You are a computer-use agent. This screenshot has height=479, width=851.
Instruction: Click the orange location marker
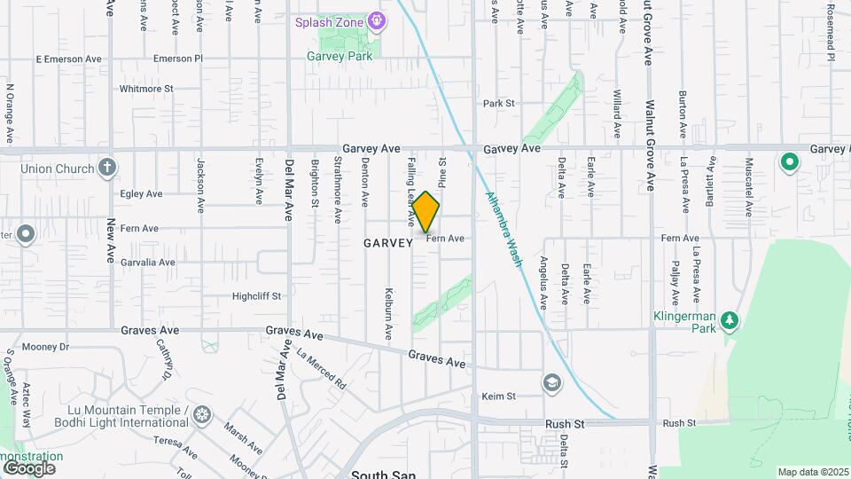426,213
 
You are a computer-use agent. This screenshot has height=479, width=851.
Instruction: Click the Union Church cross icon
107,167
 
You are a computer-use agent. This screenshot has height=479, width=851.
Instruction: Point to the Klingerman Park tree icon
729,318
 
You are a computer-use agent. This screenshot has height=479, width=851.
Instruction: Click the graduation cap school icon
551,382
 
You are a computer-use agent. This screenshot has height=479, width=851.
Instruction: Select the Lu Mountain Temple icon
203,414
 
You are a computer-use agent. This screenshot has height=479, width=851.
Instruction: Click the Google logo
29,468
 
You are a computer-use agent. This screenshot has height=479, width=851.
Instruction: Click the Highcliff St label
256,296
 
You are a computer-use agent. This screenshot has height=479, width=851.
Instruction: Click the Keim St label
498,397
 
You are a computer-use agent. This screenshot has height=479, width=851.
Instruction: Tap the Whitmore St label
146,89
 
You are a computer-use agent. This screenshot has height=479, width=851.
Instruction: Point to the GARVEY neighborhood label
388,243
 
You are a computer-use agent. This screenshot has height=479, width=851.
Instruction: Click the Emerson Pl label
178,59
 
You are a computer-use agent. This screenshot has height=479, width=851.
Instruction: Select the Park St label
499,104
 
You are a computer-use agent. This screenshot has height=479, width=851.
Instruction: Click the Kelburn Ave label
388,314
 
